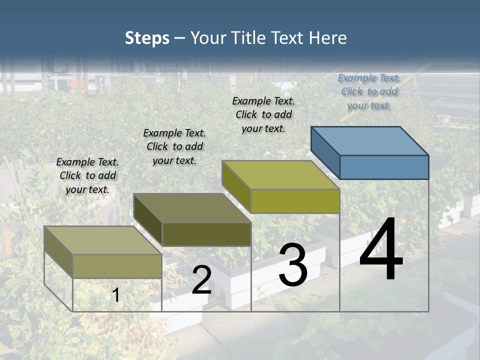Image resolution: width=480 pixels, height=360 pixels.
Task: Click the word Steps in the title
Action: point(147,38)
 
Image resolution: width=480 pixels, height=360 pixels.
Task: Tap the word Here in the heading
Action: point(328,38)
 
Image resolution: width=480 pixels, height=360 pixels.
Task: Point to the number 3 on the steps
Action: point(292,264)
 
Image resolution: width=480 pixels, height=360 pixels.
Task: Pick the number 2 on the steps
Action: point(201,280)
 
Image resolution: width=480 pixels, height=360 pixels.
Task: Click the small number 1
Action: point(115,295)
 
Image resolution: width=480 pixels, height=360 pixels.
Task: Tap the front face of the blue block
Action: point(384,167)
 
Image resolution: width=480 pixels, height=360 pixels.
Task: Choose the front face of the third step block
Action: point(295,201)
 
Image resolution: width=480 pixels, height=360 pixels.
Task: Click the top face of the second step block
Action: point(192,208)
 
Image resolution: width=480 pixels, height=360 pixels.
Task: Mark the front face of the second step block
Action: point(206,234)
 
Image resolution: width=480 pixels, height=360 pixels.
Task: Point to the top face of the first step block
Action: point(103,240)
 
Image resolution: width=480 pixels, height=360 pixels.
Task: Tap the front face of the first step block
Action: point(117,266)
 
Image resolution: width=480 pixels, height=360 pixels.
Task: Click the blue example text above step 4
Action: point(369,91)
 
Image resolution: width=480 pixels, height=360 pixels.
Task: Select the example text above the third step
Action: point(263,114)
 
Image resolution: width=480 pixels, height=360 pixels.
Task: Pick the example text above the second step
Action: point(174,146)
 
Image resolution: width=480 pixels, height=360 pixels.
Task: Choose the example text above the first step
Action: point(87,175)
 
